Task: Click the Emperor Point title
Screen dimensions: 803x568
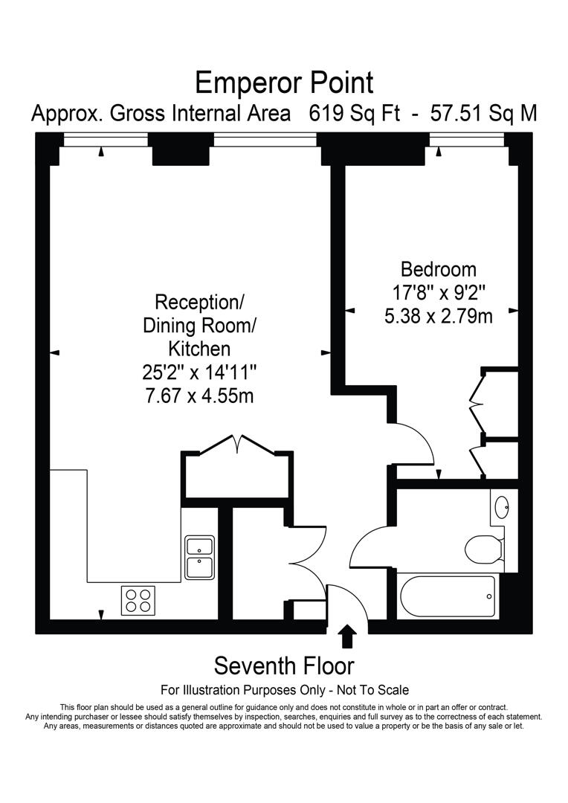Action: (x=283, y=82)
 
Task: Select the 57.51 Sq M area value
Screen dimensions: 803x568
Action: (x=481, y=115)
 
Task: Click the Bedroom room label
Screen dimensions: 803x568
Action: (x=438, y=269)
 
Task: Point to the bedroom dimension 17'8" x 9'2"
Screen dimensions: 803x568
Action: (x=438, y=292)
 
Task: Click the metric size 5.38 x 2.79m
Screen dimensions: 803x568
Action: (x=438, y=316)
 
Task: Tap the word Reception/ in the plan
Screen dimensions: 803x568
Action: (x=199, y=303)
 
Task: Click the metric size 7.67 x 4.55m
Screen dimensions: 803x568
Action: (x=199, y=395)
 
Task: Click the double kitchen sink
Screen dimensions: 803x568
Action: (x=200, y=557)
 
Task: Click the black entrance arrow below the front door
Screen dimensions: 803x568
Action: (x=347, y=636)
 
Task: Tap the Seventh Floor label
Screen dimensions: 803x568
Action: (x=283, y=665)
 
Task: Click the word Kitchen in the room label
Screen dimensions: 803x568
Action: (x=199, y=348)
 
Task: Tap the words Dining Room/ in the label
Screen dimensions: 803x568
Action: (x=199, y=326)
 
